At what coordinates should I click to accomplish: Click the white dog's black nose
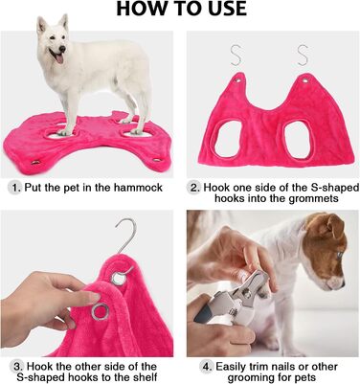(x=62, y=49)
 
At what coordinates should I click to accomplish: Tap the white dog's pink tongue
(x=59, y=58)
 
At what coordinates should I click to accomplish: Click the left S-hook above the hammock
(x=236, y=56)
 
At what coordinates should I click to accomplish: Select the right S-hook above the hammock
(x=303, y=56)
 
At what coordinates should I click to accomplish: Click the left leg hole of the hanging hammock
(x=228, y=140)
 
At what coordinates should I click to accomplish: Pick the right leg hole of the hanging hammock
(x=297, y=139)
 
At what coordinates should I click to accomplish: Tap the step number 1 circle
(x=14, y=188)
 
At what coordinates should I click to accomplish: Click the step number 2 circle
(x=194, y=188)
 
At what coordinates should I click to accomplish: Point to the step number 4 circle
(x=206, y=366)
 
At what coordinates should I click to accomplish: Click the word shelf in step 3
(x=146, y=376)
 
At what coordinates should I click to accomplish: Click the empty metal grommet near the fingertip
(x=101, y=312)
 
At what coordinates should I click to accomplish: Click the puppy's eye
(x=339, y=256)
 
